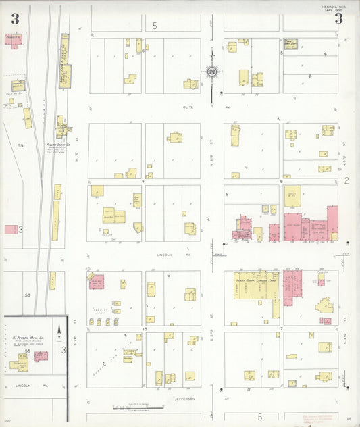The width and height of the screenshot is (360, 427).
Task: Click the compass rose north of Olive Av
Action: click(212, 72)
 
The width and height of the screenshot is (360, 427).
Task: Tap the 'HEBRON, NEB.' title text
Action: click(334, 7)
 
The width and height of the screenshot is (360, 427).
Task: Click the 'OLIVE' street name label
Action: click(188, 107)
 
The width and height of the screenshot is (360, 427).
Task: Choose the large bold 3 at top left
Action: click(14, 19)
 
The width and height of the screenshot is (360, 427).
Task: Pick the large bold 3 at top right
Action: click(338, 19)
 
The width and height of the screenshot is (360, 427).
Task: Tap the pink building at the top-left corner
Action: click(13, 39)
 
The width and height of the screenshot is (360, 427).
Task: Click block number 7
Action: click(143, 182)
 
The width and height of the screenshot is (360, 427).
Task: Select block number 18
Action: click(144, 328)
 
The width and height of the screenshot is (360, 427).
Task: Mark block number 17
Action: click(280, 328)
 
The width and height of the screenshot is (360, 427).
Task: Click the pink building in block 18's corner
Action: click(96, 282)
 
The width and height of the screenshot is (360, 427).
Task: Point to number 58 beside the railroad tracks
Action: click(28, 295)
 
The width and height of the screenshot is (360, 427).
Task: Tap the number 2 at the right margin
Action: click(346, 180)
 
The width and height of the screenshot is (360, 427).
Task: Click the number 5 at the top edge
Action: click(154, 26)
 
